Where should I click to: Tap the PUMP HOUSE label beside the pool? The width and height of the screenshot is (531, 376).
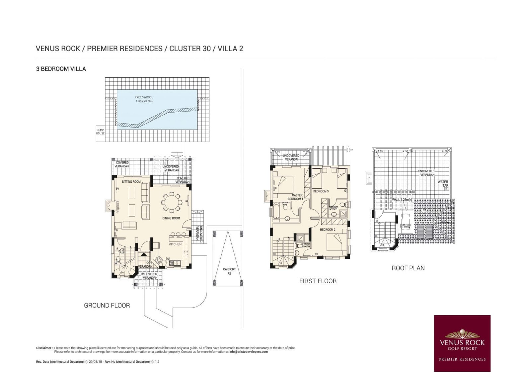click(100, 132)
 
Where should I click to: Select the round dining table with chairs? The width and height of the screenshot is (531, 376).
click(172, 202)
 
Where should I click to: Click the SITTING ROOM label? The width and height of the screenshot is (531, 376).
click(131, 182)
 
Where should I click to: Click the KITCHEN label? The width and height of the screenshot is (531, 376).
click(175, 244)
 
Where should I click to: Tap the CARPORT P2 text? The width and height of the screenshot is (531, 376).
click(229, 271)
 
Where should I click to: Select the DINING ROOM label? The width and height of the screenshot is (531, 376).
click(171, 218)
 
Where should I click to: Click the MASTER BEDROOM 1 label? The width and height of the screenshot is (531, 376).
click(296, 197)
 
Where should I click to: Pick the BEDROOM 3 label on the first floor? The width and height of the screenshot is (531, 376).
click(321, 191)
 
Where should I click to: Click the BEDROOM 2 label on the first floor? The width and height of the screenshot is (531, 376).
click(328, 230)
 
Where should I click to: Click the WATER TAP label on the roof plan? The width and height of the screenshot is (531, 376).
click(443, 183)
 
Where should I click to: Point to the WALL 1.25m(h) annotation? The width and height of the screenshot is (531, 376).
click(402, 200)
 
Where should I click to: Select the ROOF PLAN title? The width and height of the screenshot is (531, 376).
click(408, 268)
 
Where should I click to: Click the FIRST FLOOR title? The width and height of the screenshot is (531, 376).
click(318, 281)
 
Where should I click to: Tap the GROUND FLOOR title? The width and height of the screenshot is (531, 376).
click(107, 305)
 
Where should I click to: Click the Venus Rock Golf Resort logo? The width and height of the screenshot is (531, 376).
click(462, 343)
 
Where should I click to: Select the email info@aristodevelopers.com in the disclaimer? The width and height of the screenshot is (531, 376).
click(248, 352)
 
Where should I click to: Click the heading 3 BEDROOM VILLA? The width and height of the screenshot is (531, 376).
click(61, 69)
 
